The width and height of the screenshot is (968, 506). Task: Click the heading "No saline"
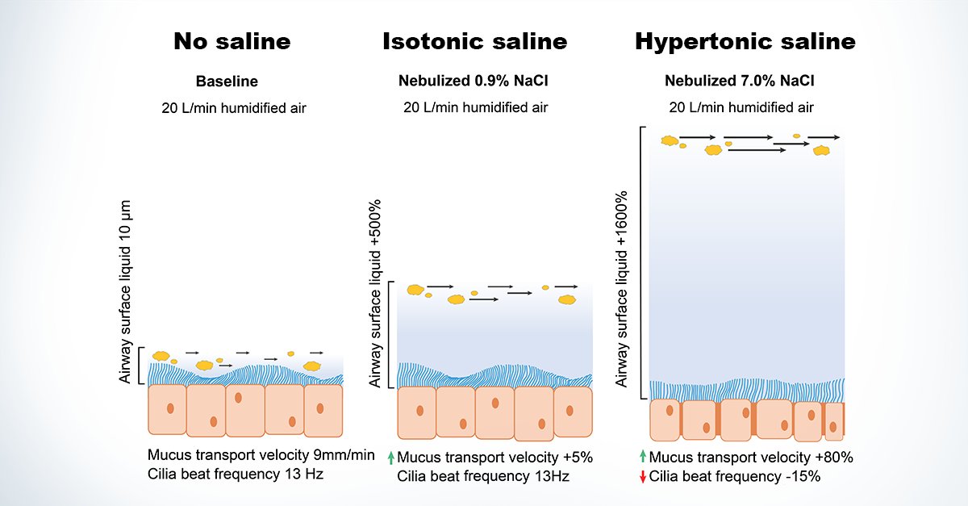tap(232, 42)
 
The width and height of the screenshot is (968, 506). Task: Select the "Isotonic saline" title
tap(474, 42)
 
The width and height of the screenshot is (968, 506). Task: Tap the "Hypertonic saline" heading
tap(745, 42)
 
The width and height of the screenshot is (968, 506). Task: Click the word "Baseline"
tap(227, 82)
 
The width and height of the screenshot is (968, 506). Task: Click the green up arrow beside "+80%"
tap(642, 457)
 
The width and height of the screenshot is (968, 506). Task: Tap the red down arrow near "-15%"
tap(642, 477)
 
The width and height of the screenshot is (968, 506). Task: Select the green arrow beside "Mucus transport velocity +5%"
tap(390, 457)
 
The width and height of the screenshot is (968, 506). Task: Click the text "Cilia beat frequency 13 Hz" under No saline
tap(236, 475)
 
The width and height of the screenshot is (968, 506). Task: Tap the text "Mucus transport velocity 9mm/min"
tap(261, 455)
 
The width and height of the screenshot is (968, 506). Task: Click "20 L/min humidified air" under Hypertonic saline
tap(741, 107)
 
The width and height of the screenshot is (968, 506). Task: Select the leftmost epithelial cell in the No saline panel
tap(167, 409)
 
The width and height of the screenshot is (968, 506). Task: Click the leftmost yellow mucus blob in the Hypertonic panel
tap(670, 140)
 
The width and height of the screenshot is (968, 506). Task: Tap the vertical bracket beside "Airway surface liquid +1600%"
tap(642, 262)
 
